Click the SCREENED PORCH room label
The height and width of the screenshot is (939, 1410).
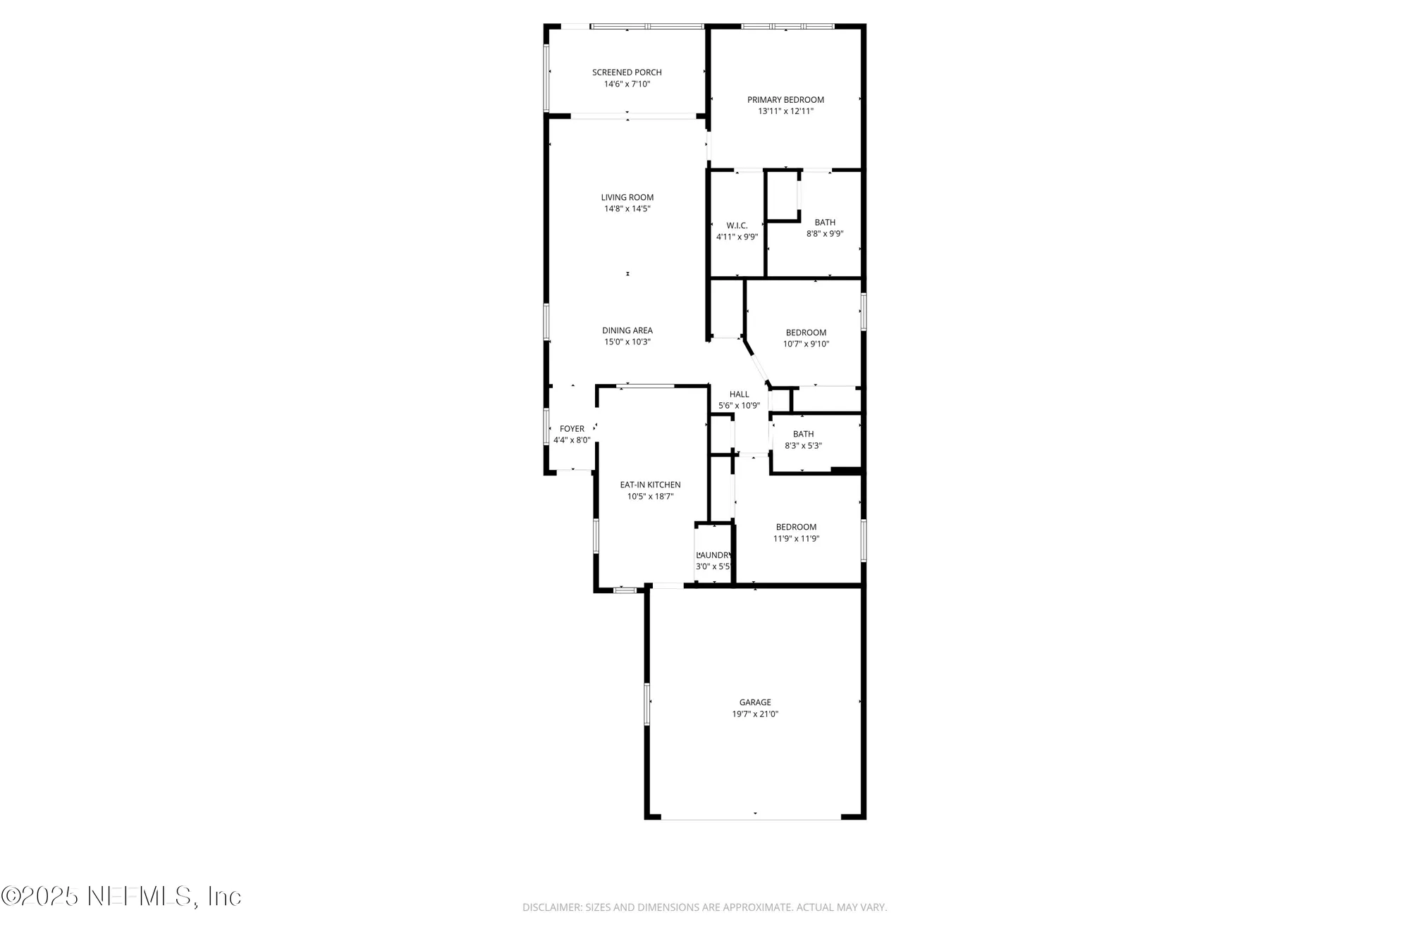(627, 72)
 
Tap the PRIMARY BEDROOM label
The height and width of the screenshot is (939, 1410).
(785, 99)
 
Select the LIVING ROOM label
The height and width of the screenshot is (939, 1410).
(627, 197)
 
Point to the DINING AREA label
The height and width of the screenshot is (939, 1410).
(627, 330)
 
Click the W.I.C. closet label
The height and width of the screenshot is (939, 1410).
(737, 225)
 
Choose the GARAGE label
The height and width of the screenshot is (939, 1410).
(755, 702)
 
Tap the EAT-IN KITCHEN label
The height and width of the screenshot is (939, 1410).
(650, 485)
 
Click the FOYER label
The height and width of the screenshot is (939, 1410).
(572, 428)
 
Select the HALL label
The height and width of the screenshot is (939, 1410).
(739, 394)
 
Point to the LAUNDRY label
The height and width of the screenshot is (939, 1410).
(714, 555)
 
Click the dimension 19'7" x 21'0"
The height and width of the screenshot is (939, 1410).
(755, 714)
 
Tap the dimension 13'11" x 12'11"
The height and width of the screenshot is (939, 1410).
(785, 111)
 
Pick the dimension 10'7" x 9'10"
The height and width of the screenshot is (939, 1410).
(806, 344)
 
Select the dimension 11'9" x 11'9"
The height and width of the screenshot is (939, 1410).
(796, 539)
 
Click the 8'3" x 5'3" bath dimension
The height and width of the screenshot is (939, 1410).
(803, 446)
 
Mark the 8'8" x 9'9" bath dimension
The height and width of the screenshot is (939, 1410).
(825, 234)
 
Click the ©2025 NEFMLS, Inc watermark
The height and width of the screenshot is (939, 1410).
(121, 896)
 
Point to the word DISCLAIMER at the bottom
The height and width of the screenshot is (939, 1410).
(552, 907)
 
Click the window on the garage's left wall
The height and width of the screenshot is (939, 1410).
(646, 703)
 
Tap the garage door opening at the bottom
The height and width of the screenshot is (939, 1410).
(751, 818)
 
